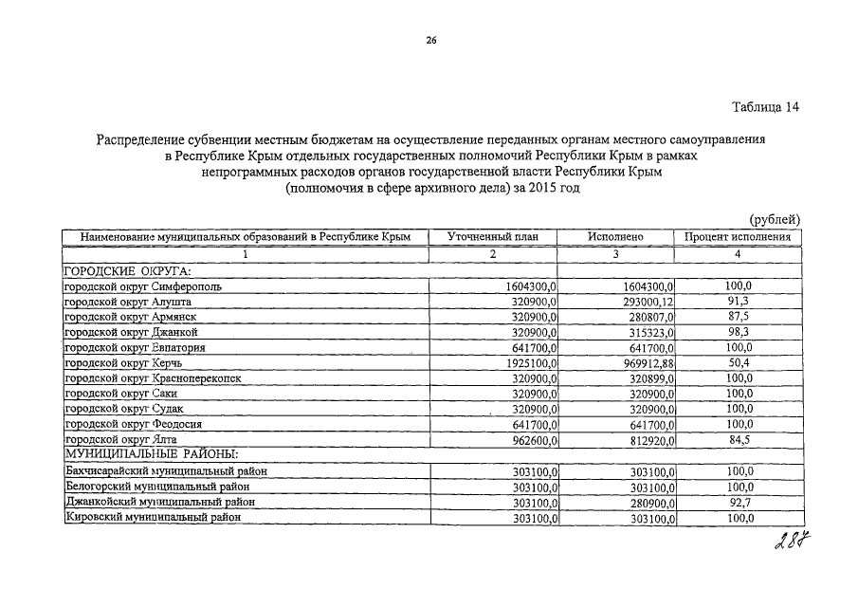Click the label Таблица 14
765,107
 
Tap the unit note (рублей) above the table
776,220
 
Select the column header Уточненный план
493,236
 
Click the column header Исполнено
614,236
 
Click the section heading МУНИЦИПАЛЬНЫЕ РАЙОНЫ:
137,455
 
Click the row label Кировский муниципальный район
152,517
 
